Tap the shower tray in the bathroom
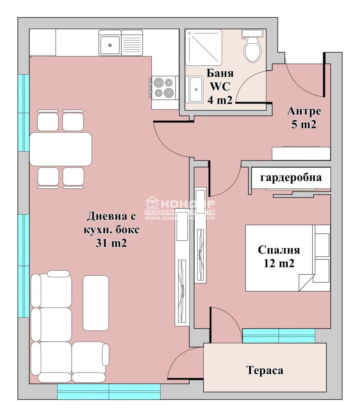coord(203,47)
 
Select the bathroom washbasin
coord(196,89)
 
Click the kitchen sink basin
coord(110,44)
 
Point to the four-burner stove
coord(163,88)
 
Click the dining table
coord(61,149)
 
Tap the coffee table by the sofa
coord(96,303)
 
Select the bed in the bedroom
coord(288,258)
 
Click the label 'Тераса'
coord(265,370)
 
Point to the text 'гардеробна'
coord(291,178)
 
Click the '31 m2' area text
coord(111,243)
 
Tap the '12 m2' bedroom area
coord(279,263)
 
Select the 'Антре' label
coord(304,111)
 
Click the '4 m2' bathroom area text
coord(220,100)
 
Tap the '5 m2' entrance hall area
coord(304,124)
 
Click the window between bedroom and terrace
coord(279,336)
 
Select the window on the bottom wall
coord(109,392)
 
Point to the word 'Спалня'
coord(279,250)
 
